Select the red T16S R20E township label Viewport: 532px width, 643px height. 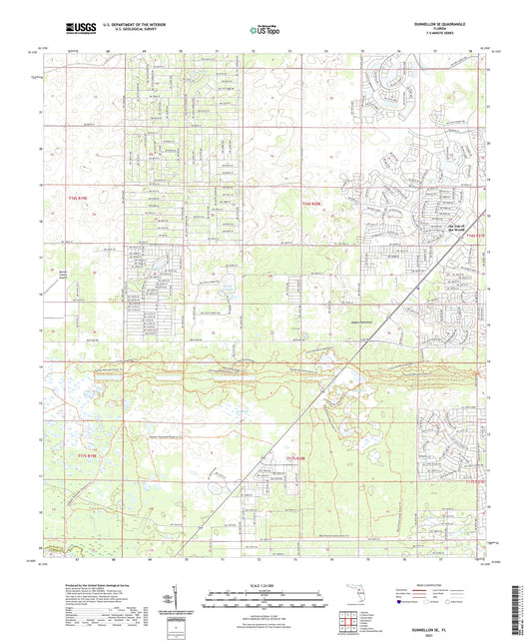pyautogui.click(x=314, y=202)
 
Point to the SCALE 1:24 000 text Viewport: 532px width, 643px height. pyautogui.click(x=266, y=584)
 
